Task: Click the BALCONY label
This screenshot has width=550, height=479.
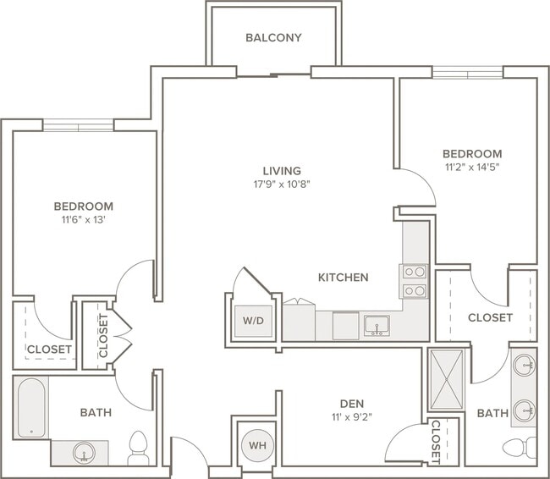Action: pos(273,37)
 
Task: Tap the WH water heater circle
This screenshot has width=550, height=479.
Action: pos(257,446)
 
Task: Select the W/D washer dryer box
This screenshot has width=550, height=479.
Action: pos(253,321)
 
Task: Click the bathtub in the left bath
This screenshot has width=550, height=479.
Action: pos(31,407)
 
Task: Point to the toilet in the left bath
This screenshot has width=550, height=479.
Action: pos(138,449)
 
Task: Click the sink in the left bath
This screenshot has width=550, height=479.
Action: pos(84,453)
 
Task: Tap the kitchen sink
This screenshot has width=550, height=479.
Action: pos(377,326)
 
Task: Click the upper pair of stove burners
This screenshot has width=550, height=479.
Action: pos(415,272)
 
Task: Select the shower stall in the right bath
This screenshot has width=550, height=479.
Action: pos(447,379)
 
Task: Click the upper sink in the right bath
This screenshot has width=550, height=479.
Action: pos(524,365)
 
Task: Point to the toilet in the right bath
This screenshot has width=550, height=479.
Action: pos(520,448)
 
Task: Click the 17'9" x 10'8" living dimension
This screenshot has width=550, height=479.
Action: pos(283,184)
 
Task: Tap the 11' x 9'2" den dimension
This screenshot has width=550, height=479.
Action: pos(352,417)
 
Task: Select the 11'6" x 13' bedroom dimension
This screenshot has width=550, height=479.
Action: pos(84,220)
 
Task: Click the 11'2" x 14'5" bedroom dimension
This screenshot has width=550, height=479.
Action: pos(472,167)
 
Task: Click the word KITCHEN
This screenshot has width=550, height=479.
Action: pos(344,278)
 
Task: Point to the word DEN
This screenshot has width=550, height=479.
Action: pos(352,404)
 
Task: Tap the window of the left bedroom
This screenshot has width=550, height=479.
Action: pos(78,125)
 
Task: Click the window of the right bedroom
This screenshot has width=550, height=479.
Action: pos(468,73)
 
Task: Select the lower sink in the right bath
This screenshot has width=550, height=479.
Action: pos(524,410)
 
